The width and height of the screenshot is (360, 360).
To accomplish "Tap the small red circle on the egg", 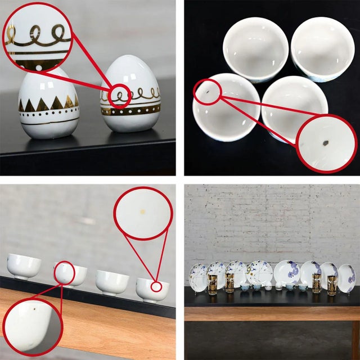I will tap(119, 95).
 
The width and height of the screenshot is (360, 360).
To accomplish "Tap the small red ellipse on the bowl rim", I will tap(207, 91).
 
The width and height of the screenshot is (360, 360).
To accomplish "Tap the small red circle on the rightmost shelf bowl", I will tap(157, 287).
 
